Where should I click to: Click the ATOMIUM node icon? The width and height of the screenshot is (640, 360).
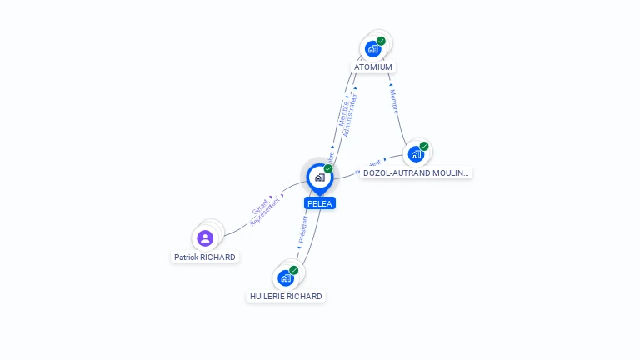click(372, 48)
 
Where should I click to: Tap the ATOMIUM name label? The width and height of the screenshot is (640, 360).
click(372, 67)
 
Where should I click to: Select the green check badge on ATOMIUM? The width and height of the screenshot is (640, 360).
click(381, 41)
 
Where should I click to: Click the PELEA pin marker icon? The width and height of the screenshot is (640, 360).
click(319, 177)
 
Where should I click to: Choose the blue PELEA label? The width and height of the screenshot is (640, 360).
click(320, 203)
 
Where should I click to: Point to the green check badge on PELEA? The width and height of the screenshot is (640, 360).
click(328, 169)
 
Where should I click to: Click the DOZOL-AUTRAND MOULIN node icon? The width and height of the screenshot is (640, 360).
click(415, 154)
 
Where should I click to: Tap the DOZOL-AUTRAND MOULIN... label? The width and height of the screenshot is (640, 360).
click(416, 173)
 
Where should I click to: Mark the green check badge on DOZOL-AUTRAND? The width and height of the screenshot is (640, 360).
click(424, 147)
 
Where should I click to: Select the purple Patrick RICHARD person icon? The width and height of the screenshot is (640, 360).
click(205, 238)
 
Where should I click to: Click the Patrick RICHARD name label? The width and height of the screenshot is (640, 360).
click(205, 257)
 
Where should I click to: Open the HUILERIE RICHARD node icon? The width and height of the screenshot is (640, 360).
click(286, 277)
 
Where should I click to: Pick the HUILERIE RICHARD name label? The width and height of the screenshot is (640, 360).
click(286, 297)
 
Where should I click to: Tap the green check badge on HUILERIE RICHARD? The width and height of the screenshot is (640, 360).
click(294, 270)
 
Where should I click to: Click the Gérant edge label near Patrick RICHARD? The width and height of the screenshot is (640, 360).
click(260, 204)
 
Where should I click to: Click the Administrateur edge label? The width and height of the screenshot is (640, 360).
click(351, 115)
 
